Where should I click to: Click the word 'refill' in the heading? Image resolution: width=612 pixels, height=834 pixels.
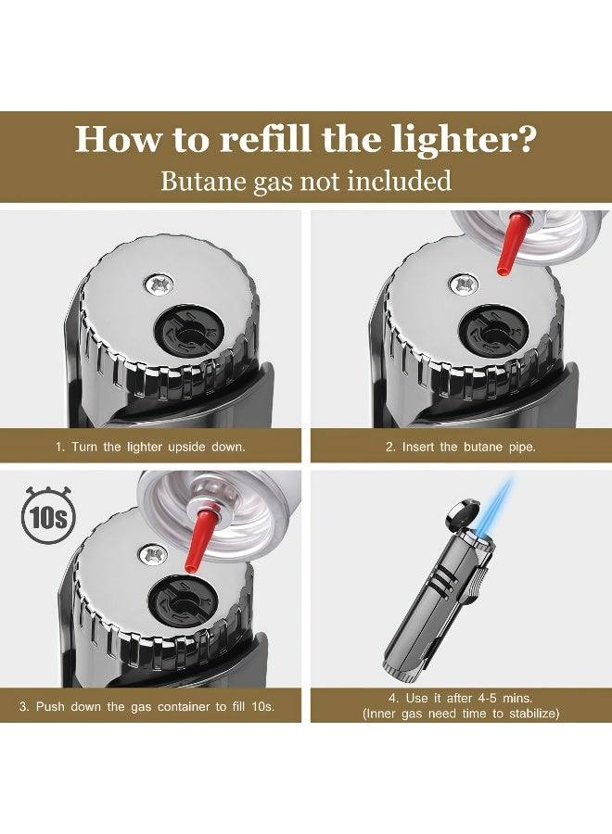pyautogui.click(x=265, y=139)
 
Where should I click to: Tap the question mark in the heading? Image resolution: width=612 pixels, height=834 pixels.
pyautogui.click(x=525, y=139)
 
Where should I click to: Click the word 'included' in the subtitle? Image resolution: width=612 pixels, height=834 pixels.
pyautogui.click(x=400, y=181)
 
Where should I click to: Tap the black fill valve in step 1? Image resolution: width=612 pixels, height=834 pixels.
pyautogui.click(x=189, y=334)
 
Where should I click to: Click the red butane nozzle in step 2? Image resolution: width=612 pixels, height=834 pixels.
pyautogui.click(x=512, y=242)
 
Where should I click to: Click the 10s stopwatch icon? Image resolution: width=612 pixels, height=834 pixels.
pyautogui.click(x=47, y=515)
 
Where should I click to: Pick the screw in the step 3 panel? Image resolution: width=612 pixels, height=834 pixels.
pyautogui.click(x=153, y=555)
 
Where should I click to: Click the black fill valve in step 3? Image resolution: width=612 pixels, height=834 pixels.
pyautogui.click(x=183, y=603)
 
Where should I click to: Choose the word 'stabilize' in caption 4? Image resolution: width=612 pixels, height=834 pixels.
pyautogui.click(x=531, y=714)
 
